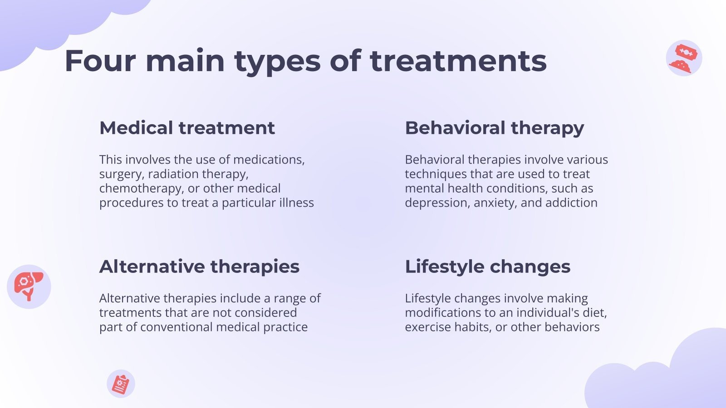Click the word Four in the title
(x=100, y=61)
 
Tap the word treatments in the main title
(x=458, y=61)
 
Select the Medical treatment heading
(x=187, y=127)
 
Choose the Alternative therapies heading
(x=199, y=267)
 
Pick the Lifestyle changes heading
(x=487, y=267)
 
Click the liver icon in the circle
(x=29, y=287)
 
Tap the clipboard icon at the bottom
(x=121, y=384)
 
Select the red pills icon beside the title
(x=684, y=58)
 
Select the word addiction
(x=571, y=202)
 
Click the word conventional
(x=177, y=327)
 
